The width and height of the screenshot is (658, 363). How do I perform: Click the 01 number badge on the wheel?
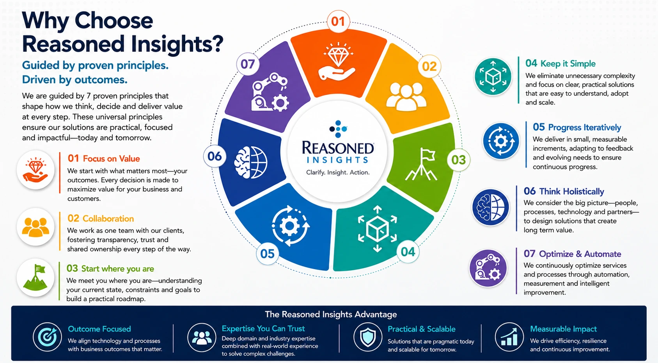[338, 21]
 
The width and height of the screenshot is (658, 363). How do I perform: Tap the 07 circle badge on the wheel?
[248, 64]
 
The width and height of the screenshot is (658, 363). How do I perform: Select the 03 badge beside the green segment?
[459, 160]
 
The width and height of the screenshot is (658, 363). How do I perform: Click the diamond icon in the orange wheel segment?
[337, 61]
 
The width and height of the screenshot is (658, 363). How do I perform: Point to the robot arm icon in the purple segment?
[270, 93]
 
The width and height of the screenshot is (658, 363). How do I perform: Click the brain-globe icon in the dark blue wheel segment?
[250, 162]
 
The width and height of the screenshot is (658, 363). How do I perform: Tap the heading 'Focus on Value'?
[111, 159]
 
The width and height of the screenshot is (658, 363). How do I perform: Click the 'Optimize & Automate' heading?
[580, 254]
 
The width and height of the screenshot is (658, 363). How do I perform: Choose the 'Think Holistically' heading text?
[572, 192]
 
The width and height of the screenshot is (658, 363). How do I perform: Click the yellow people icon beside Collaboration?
[35, 227]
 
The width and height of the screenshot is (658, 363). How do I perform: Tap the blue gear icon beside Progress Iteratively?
[501, 141]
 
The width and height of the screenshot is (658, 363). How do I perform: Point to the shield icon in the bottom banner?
[368, 337]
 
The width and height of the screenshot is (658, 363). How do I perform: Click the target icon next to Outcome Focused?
[47, 337]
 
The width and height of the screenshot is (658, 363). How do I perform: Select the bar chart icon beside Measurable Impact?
[509, 337]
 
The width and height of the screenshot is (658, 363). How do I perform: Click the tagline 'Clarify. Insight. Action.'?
[338, 173]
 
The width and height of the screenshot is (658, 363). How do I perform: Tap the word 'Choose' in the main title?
[114, 21]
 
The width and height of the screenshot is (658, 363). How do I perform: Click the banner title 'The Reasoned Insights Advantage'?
[331, 314]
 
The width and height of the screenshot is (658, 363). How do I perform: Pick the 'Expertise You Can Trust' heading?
[263, 328]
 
